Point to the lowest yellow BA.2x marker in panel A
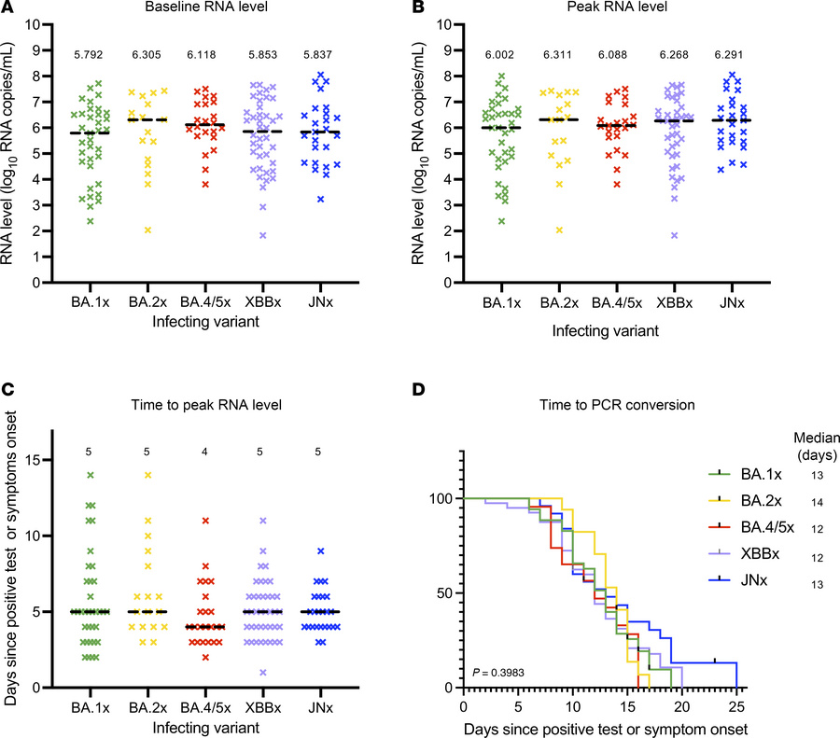pos(148,230)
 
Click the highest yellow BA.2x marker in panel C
pos(148,475)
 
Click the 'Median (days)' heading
pos(818,439)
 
